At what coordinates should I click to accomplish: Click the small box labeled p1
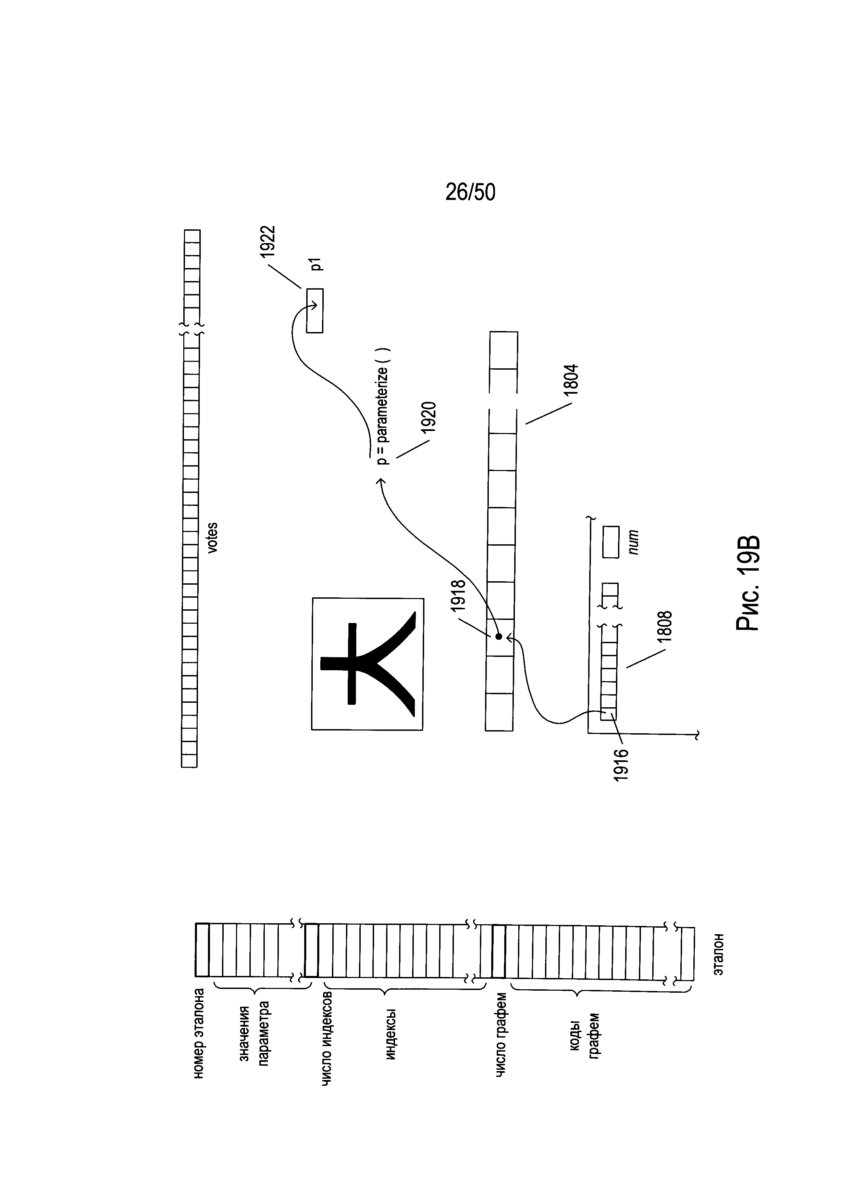click(x=315, y=310)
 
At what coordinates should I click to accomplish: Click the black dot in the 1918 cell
click(x=498, y=636)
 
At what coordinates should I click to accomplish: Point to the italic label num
click(x=634, y=542)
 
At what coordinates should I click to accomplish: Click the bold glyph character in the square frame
click(x=368, y=663)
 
